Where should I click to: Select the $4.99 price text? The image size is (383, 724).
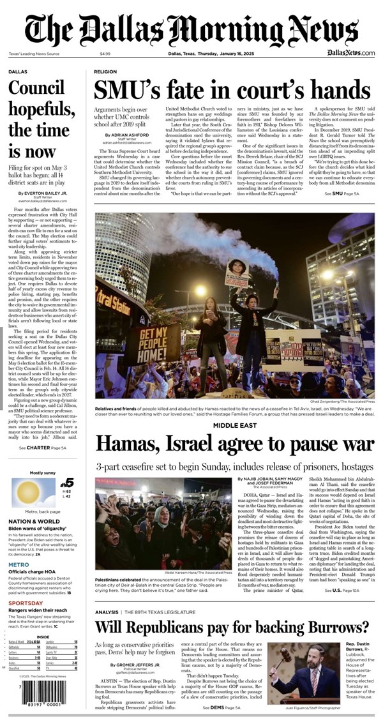105,54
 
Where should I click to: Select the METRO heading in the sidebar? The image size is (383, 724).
19,564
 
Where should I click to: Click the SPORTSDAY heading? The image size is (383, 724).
26,601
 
